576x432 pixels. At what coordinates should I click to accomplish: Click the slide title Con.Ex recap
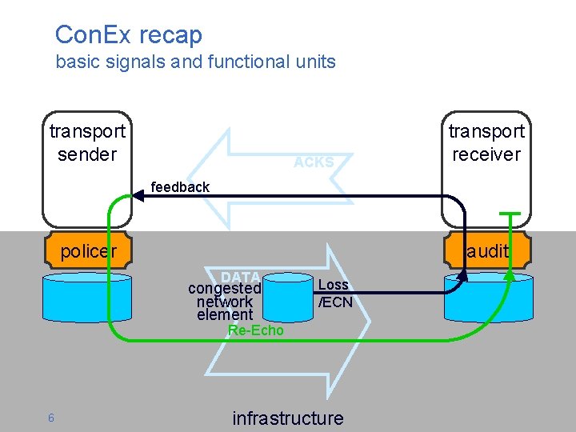click(x=128, y=34)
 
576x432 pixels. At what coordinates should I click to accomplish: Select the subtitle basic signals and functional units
click(x=195, y=62)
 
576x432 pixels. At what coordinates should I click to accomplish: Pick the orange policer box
click(x=88, y=251)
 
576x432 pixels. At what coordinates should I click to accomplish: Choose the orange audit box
click(x=487, y=251)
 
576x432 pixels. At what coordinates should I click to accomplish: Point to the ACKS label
click(x=314, y=162)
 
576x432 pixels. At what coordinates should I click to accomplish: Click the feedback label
click(x=180, y=187)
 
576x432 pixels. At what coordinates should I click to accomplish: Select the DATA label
click(x=241, y=277)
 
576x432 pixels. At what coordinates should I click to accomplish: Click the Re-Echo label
click(x=255, y=330)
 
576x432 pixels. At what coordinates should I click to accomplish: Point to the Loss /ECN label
click(x=334, y=293)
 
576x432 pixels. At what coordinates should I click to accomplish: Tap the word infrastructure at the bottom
click(x=287, y=418)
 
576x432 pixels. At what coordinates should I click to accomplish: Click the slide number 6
click(x=50, y=418)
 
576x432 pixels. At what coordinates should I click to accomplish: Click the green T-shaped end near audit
click(x=509, y=214)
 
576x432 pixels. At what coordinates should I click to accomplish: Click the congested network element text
click(x=225, y=302)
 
